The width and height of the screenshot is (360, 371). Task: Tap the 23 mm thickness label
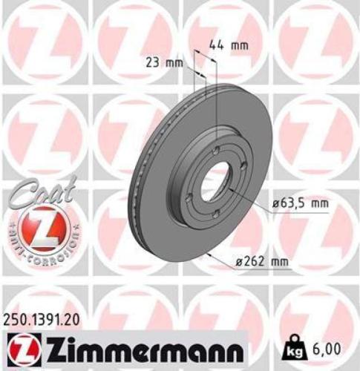[164, 63]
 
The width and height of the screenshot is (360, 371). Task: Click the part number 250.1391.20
[47, 317]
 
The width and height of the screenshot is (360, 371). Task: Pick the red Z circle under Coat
[38, 226]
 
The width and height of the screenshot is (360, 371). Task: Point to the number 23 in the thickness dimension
[155, 63]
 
